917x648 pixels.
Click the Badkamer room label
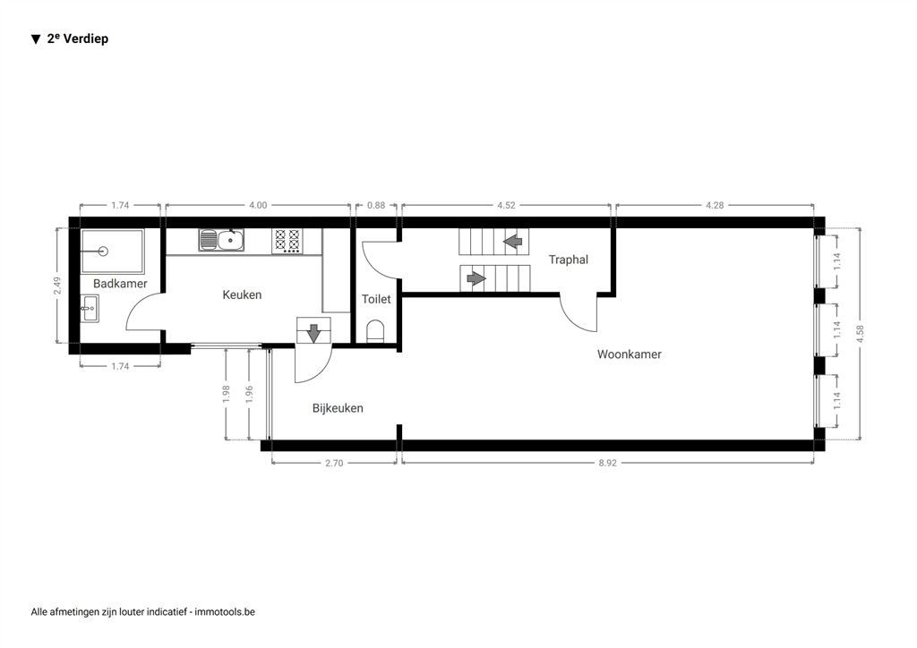(x=120, y=284)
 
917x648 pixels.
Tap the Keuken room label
(x=242, y=294)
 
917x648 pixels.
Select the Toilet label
(x=376, y=299)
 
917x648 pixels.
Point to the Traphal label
(x=569, y=260)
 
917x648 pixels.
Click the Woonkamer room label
(x=629, y=354)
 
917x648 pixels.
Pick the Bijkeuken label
(x=338, y=408)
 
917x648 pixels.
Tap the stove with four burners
(x=287, y=241)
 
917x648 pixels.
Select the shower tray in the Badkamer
(x=112, y=251)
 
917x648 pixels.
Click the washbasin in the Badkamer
(x=90, y=310)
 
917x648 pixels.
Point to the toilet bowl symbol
(x=376, y=332)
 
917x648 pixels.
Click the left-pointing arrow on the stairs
(x=513, y=241)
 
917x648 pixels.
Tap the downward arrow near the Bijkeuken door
(x=313, y=332)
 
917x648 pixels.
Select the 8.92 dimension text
(x=608, y=463)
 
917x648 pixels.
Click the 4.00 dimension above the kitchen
(x=257, y=205)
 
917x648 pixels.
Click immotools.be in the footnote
(x=226, y=612)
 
